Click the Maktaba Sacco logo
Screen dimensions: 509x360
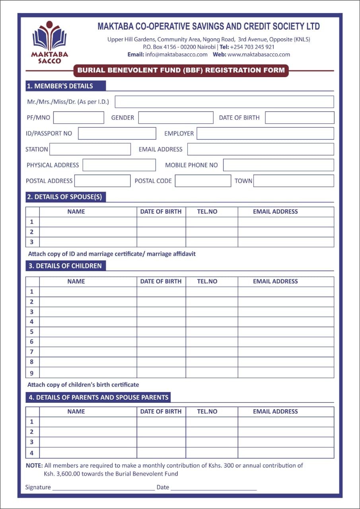49,42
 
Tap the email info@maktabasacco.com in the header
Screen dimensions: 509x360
176,54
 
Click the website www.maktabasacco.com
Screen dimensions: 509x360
259,54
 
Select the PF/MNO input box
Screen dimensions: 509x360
78,118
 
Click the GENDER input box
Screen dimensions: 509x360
175,118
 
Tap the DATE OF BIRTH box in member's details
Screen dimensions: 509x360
299,118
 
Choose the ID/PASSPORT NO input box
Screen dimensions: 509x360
117,134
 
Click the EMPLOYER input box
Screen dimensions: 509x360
265,134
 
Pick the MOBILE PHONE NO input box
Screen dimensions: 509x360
278,165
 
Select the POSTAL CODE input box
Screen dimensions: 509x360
202,181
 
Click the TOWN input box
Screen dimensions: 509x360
294,181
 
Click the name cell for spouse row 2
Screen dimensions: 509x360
88,232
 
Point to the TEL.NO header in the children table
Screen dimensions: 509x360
207,282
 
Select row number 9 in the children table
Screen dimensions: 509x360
32,373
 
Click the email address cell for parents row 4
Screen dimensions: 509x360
286,453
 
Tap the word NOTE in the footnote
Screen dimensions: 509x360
34,465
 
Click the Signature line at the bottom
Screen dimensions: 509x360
103,488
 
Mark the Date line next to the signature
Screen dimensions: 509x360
214,488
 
